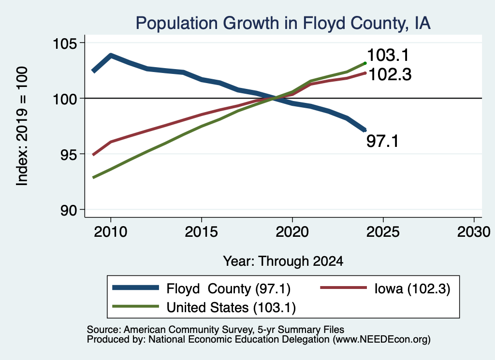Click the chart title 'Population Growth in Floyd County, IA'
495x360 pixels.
(x=283, y=23)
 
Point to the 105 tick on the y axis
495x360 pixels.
(x=65, y=43)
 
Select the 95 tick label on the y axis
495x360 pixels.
(x=69, y=154)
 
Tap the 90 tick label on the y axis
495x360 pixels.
(x=69, y=210)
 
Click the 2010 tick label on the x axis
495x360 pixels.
(x=111, y=232)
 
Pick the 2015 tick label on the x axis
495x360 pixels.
(x=202, y=232)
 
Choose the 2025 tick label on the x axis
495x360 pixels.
(x=383, y=232)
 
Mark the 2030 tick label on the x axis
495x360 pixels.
(x=474, y=232)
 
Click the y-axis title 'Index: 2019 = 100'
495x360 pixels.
(x=22, y=126)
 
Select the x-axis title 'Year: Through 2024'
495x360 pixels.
(x=283, y=261)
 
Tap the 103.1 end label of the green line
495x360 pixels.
(x=388, y=55)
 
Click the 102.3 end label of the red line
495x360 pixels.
(x=390, y=75)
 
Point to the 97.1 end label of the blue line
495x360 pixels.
(x=383, y=141)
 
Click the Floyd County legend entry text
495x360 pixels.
(x=229, y=288)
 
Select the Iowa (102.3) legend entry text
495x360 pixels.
(x=412, y=288)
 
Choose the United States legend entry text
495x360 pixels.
(x=231, y=308)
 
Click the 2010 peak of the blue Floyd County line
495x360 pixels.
(x=111, y=56)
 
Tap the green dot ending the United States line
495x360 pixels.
(x=365, y=63)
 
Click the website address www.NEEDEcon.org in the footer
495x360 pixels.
(x=381, y=340)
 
